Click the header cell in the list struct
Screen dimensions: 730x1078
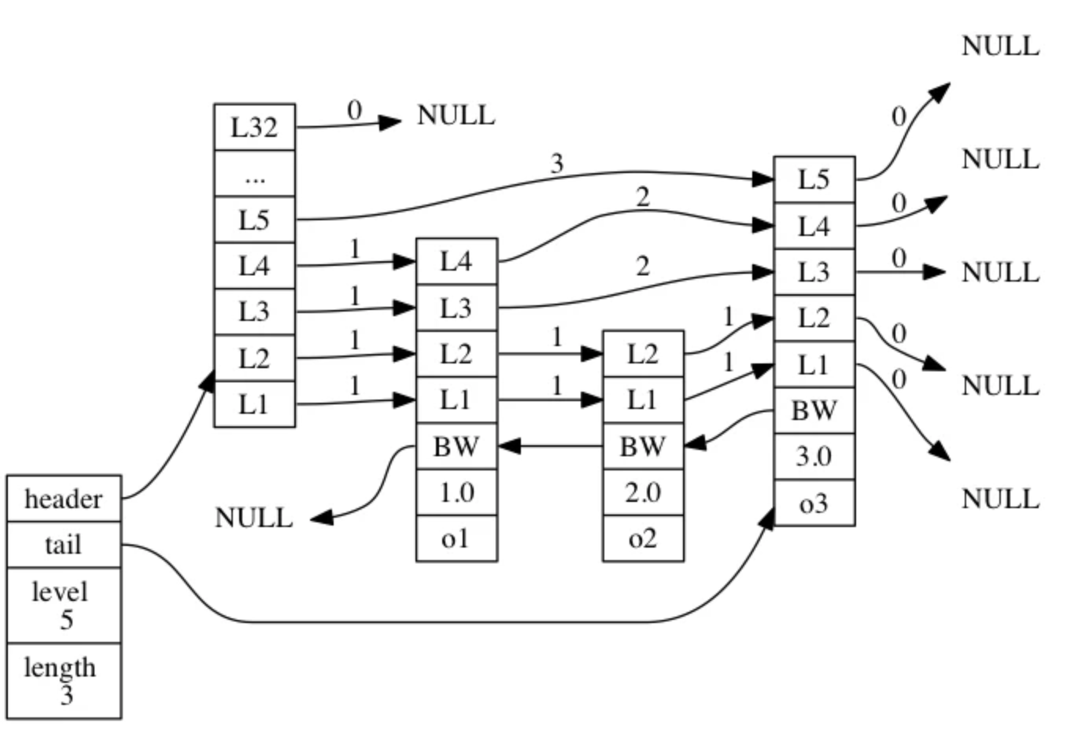pos(64,499)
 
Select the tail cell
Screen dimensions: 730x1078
pos(64,544)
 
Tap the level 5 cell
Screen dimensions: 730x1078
pos(64,605)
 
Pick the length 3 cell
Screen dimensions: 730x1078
pos(64,680)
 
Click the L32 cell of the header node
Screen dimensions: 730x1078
pos(254,127)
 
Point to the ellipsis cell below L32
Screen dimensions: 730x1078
pos(254,174)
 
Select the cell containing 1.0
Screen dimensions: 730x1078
pos(456,492)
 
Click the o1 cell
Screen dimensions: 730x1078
pos(456,539)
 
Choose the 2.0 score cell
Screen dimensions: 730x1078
pos(643,492)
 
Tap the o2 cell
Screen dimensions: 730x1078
pos(643,539)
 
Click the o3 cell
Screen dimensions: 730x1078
pos(814,503)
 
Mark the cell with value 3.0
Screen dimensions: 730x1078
pos(814,456)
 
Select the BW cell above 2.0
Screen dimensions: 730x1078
pos(643,447)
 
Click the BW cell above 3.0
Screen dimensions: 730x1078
pos(814,410)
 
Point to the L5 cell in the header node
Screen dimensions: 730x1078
pos(254,219)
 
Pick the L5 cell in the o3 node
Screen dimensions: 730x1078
pos(814,179)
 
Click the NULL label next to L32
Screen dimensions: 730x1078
pos(456,116)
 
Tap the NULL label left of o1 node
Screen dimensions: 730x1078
pos(253,518)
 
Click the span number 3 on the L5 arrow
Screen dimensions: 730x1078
pos(557,164)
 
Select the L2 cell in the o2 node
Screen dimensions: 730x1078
pos(643,354)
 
